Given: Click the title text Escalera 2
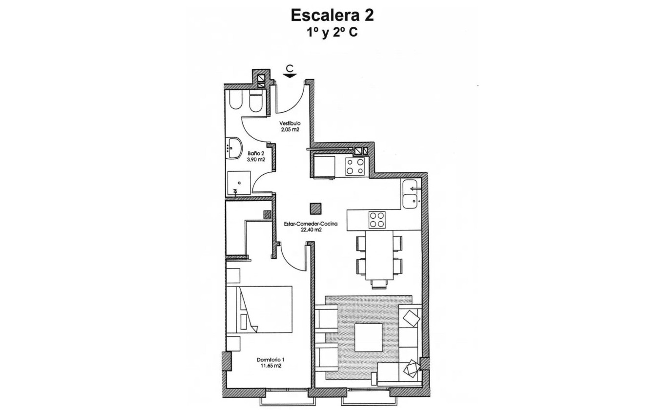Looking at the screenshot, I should [332, 15].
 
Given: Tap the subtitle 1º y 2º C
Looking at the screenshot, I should [332, 34].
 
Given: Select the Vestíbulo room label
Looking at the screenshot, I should [290, 123].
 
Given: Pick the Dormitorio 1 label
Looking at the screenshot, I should [270, 360].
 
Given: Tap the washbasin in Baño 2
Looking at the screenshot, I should [235, 147].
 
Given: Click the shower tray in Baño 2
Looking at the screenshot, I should [238, 183].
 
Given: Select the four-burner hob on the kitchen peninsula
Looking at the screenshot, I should [377, 220].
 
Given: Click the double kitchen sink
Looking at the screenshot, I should [411, 193].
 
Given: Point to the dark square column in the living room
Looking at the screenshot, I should [316, 208].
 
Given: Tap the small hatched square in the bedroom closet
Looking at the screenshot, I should [267, 214].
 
